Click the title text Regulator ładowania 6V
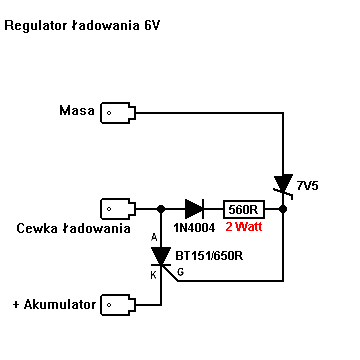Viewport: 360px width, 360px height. coord(82,26)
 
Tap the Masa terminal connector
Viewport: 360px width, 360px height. coord(118,113)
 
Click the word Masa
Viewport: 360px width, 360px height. coord(77,110)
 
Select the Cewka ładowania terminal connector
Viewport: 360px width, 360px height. coord(118,209)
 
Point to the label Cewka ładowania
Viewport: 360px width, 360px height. coord(73,229)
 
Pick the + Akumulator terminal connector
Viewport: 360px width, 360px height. coord(118,305)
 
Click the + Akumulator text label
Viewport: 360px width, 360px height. coord(54,305)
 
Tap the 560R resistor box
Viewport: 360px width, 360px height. coord(244,209)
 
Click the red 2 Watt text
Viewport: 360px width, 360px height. coord(244,227)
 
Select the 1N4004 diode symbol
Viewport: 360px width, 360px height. coord(194,209)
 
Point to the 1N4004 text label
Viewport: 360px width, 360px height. coord(194,228)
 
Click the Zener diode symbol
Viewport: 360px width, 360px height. coord(283,186)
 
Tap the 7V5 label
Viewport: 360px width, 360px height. coord(307,186)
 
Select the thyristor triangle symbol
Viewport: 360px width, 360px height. coord(161,256)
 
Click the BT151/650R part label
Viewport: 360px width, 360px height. coord(209,256)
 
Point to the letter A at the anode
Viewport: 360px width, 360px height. coord(154,237)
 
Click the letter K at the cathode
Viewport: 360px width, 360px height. coord(154,275)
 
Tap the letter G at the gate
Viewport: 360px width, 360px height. coord(180,272)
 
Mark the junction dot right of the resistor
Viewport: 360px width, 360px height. coord(283,209)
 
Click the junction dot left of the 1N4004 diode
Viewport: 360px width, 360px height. coord(161,209)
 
